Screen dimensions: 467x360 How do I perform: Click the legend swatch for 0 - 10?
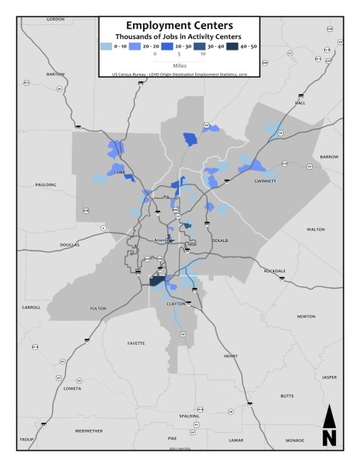pyautogui.click(x=108, y=47)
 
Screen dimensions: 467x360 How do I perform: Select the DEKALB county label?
pyautogui.click(x=219, y=241)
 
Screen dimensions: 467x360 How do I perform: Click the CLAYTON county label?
pyautogui.click(x=177, y=304)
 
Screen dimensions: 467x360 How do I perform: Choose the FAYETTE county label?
pyautogui.click(x=136, y=342)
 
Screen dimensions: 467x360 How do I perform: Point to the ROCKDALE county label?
pyautogui.click(x=274, y=270)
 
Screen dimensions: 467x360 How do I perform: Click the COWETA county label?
pyautogui.click(x=72, y=388)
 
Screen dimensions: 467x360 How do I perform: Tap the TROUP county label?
pyautogui.click(x=27, y=440)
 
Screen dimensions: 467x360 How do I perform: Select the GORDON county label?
pyautogui.click(x=56, y=19)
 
